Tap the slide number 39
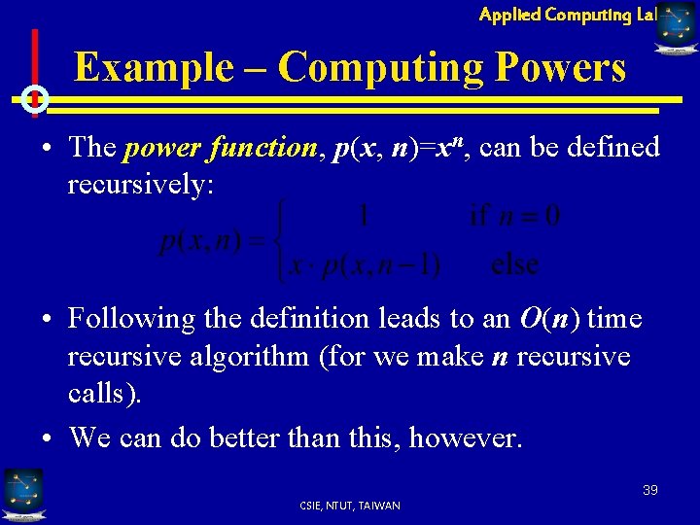(x=649, y=490)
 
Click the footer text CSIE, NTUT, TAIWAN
(x=351, y=506)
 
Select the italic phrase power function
(x=220, y=148)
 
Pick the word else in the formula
(x=515, y=264)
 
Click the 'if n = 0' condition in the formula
(x=514, y=215)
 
